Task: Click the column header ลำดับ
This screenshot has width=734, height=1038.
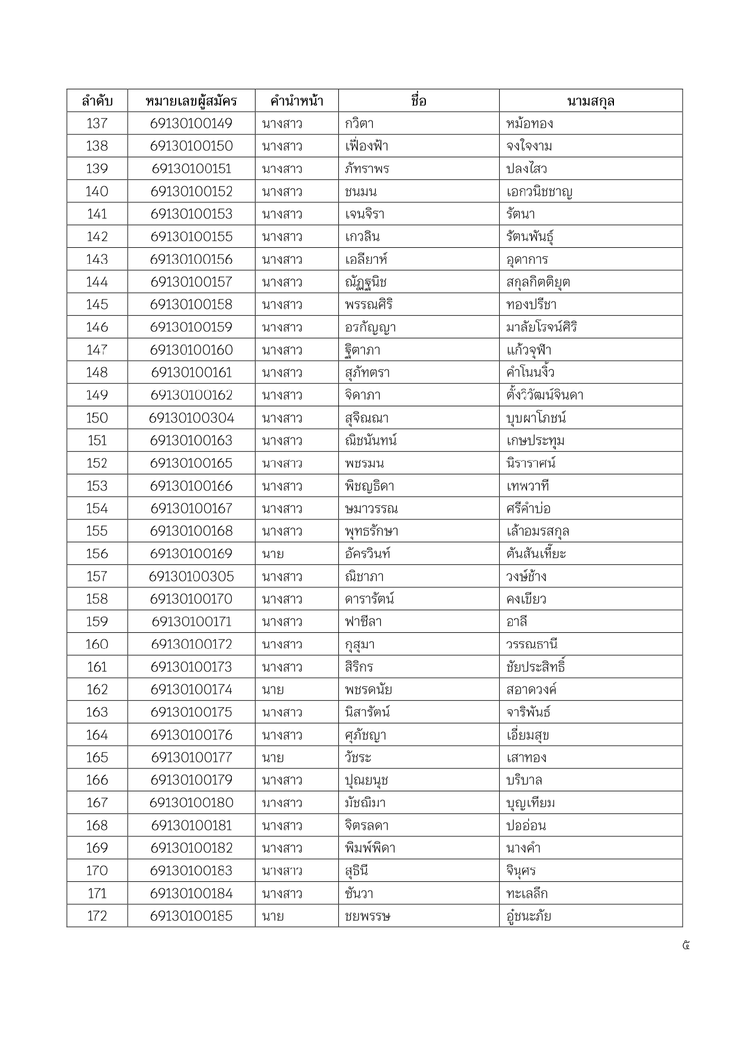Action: pos(97,101)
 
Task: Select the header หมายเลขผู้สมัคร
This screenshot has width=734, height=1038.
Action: pos(191,101)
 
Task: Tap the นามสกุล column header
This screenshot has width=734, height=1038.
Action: pos(590,101)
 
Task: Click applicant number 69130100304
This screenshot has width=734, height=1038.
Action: pos(191,418)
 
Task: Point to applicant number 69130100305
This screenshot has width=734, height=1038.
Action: pos(191,577)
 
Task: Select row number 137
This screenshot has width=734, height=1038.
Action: pos(97,124)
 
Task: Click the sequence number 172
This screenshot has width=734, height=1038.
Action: pos(97,916)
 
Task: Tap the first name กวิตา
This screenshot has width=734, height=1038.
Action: pos(359,124)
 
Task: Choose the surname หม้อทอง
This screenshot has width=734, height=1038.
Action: pos(529,124)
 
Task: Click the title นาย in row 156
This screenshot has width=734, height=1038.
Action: pos(273,554)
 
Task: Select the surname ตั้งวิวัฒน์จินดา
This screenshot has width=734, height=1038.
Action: pos(545,395)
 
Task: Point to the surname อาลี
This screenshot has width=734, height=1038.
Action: pos(516,622)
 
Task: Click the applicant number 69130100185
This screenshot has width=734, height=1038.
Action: pos(191,916)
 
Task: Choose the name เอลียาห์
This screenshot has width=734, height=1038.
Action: pos(366,260)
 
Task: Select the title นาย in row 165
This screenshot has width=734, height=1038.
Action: pos(273,758)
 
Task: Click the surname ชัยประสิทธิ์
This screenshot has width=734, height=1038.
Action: pos(535,667)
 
